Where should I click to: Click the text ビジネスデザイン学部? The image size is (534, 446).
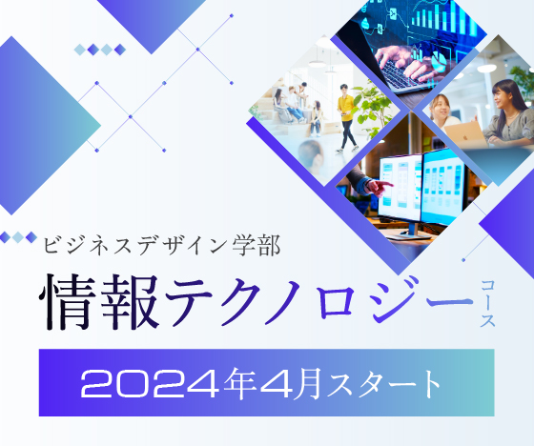coord(162,245)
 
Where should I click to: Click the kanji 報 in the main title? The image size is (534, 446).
coord(130,302)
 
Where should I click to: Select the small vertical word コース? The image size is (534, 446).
coord(487,303)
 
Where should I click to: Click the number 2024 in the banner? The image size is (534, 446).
coord(150,384)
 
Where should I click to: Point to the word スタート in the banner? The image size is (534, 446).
coord(383,384)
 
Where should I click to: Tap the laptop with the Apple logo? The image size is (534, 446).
coord(465,134)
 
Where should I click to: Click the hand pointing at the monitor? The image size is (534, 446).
coord(378,187)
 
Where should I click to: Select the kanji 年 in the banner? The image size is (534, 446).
coord(240,383)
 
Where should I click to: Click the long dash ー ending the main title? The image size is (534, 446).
coord(451,302)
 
